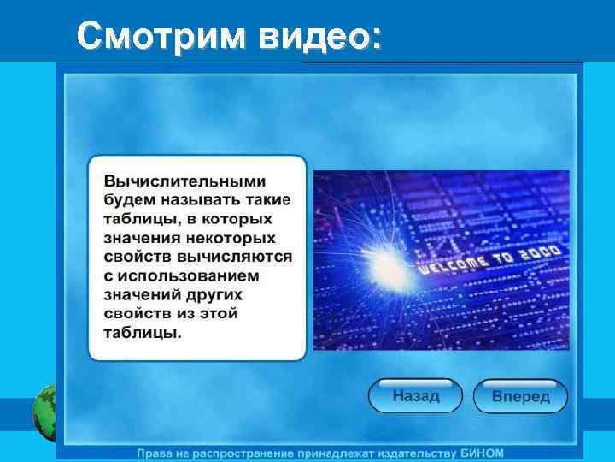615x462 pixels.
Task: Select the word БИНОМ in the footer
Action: coord(481,452)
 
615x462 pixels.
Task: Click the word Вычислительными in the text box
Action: coord(184,181)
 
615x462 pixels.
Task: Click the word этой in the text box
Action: coord(220,313)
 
